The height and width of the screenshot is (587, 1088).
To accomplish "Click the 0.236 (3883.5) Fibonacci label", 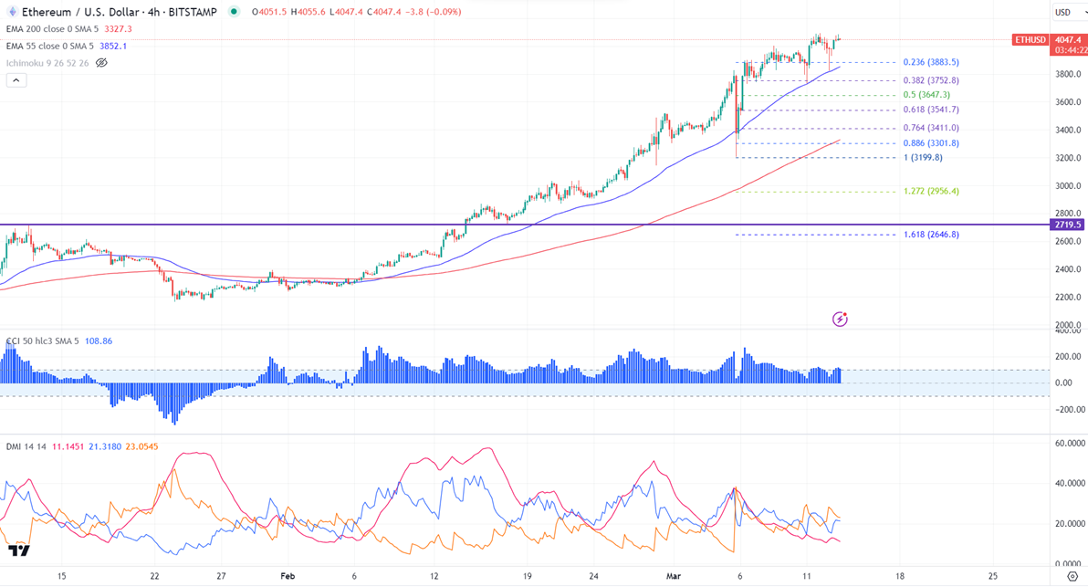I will coord(930,62).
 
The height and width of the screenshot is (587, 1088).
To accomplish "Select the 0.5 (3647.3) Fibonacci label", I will coord(926,95).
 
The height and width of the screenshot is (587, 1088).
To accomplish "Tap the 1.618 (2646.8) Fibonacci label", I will coord(930,235).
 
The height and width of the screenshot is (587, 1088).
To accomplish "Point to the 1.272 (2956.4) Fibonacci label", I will coord(930,192).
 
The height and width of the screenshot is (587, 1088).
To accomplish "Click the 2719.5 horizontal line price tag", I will coord(1065,225).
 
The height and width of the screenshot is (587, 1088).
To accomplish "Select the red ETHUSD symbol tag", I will coord(1030,40).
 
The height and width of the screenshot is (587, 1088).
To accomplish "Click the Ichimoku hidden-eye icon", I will coord(101,63).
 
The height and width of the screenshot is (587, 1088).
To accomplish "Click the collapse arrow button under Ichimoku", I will coord(16,80).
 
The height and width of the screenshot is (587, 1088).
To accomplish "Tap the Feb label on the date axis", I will coord(288,577).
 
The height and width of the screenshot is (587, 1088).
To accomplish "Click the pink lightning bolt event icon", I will coord(841,319).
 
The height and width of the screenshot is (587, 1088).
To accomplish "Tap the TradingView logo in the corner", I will coord(18,550).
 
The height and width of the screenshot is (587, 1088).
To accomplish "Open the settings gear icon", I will coord(1072,577).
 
